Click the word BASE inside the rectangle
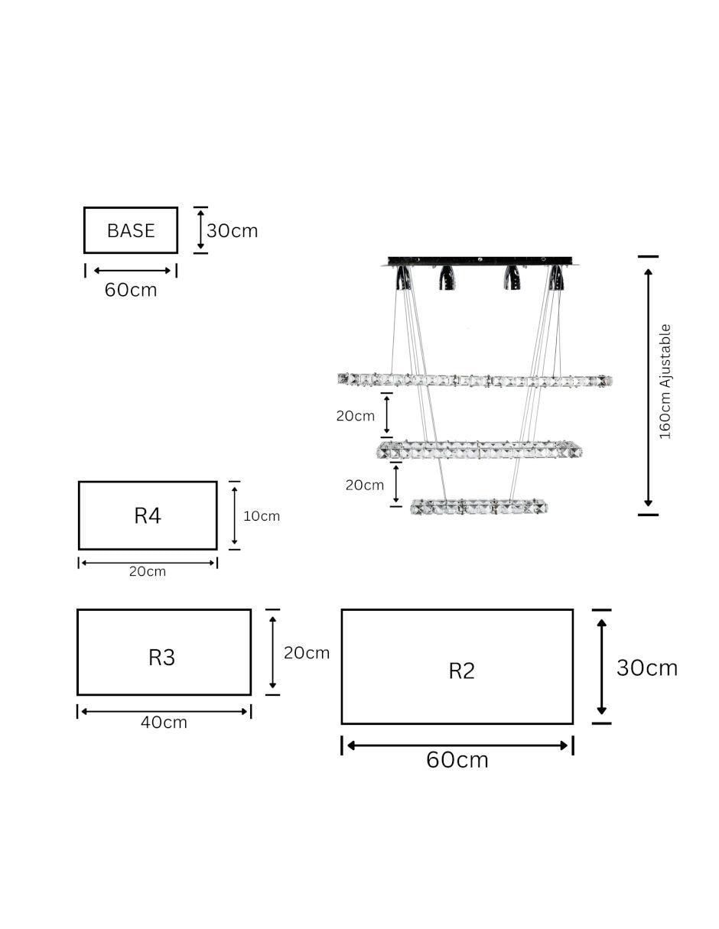tap(130, 231)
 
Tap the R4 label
tap(148, 515)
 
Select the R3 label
tap(161, 658)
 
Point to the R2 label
tap(462, 671)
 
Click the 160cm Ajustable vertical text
tap(665, 382)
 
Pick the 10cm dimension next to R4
tap(261, 516)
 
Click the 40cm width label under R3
tap(164, 723)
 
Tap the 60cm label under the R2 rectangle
tap(457, 760)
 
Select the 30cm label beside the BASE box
tap(232, 231)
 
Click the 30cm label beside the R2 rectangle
tap(647, 668)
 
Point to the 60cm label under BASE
tap(131, 290)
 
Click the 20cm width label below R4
tap(148, 572)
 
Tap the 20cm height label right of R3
tap(307, 653)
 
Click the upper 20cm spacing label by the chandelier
tap(355, 416)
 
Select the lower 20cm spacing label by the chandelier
tap(365, 486)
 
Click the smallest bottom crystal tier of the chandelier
tap(479, 507)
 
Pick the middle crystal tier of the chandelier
tap(479, 450)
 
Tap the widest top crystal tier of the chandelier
tap(475, 380)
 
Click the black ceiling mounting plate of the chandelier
tap(480, 261)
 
